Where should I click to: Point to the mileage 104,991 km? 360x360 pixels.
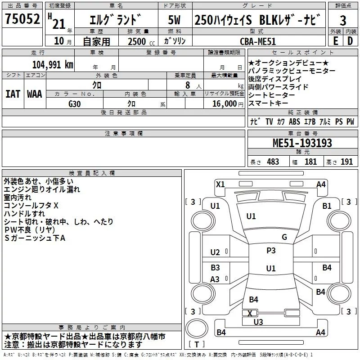point(53,64)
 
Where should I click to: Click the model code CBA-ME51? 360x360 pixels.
point(257,41)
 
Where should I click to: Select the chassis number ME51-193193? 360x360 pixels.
point(302,143)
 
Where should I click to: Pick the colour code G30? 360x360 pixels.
point(75,103)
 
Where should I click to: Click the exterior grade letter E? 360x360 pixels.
point(335,41)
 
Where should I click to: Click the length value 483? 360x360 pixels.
point(273,162)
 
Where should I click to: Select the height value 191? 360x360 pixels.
point(347,162)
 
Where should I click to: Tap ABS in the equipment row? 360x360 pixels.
point(294,122)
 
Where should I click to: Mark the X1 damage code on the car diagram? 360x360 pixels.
point(220,184)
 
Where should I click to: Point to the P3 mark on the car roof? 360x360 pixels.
point(271,251)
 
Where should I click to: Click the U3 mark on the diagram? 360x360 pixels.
point(258,322)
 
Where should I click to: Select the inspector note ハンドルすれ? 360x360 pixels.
point(24,213)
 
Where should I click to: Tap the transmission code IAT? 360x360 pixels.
point(13,94)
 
